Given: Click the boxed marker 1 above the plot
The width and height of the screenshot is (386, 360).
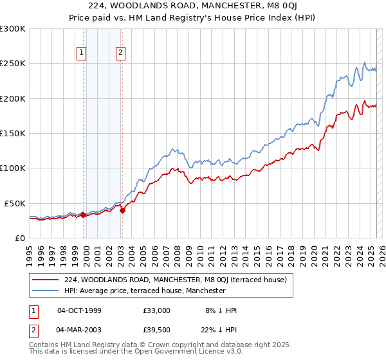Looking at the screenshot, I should click(x=83, y=53).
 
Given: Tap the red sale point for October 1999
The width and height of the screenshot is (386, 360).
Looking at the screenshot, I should click(x=84, y=215).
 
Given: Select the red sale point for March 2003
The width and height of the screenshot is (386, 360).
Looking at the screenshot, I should click(x=122, y=210).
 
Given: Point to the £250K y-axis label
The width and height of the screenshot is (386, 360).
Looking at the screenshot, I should click(x=12, y=64).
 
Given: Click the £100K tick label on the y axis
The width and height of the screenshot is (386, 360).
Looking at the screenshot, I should click(x=12, y=168).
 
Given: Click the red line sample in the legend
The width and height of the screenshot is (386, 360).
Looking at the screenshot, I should click(x=44, y=280).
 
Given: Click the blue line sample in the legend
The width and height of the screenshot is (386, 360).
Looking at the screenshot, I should click(x=44, y=291).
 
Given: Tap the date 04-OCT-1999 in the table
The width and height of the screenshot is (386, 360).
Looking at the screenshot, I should click(x=79, y=310).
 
